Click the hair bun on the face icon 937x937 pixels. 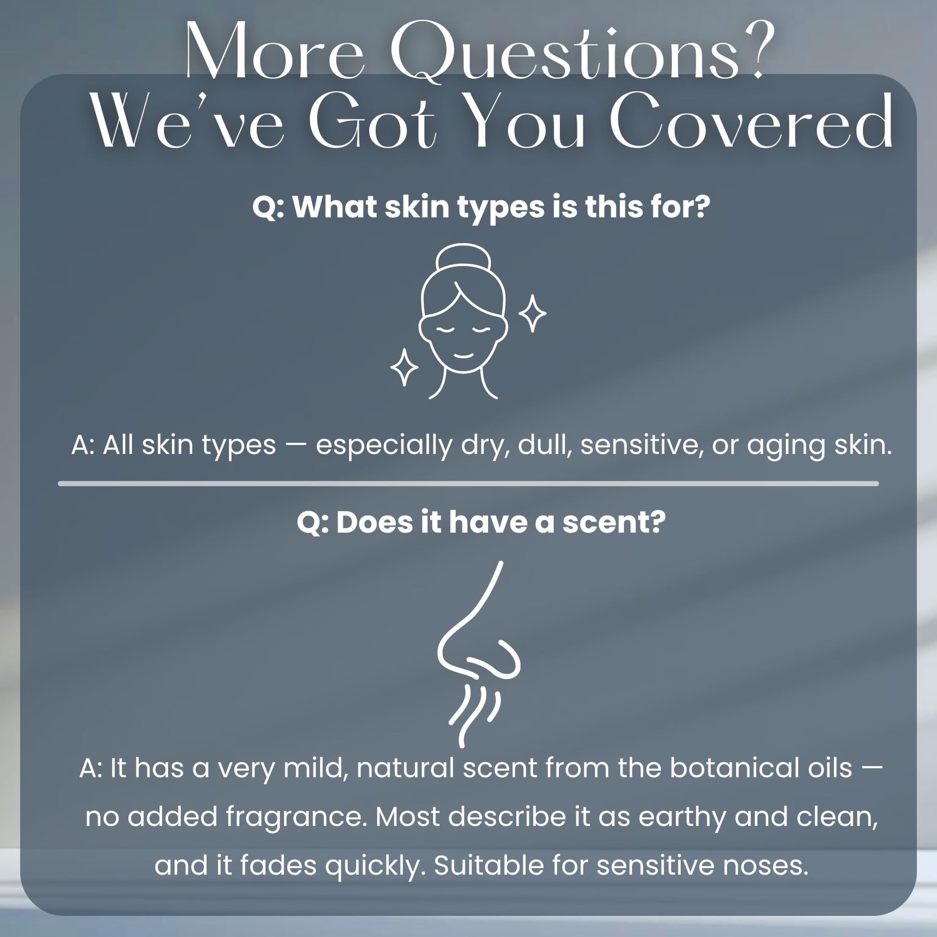point(463,258)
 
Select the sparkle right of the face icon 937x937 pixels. point(533,313)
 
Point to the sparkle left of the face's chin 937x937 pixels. point(404,367)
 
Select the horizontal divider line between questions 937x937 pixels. point(468,483)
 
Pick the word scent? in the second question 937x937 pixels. point(614,522)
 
